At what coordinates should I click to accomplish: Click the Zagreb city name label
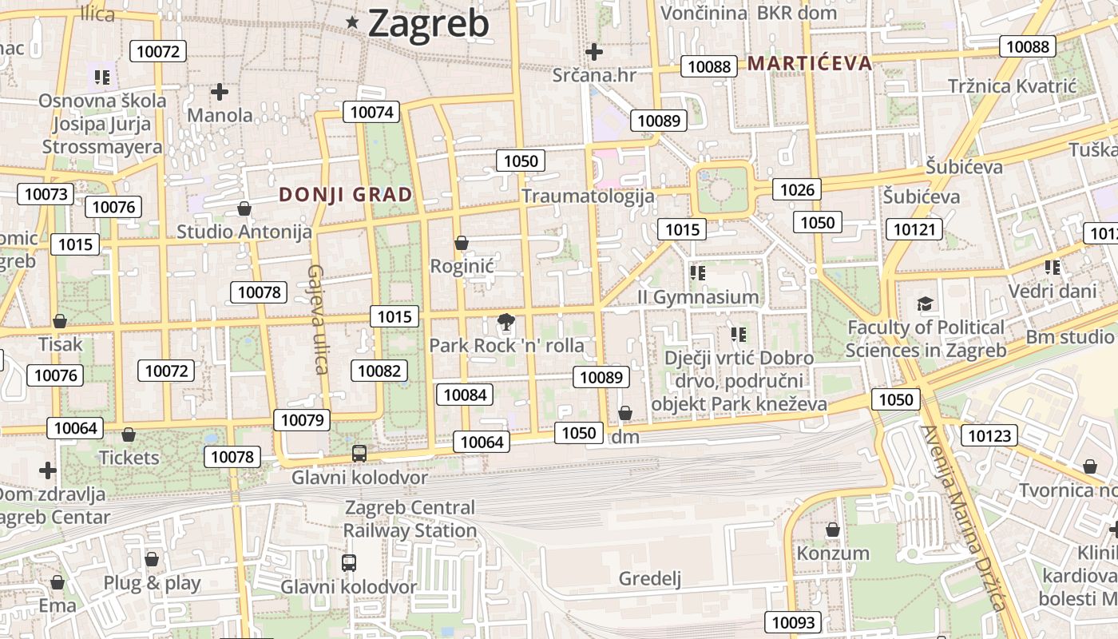(428, 24)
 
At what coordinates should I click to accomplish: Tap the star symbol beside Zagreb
(352, 23)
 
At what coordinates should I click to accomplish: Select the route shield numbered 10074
(371, 112)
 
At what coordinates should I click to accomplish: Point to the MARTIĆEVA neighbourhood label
(809, 64)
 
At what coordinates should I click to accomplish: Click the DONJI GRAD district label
(346, 194)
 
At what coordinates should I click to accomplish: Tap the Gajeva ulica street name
(318, 319)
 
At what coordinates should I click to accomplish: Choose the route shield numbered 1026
(797, 189)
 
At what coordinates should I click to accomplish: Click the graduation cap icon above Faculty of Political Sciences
(925, 304)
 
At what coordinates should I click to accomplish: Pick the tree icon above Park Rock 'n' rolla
(505, 323)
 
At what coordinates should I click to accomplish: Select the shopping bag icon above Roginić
(461, 243)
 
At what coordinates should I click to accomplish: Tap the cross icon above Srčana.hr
(593, 53)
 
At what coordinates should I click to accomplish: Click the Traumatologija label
(588, 196)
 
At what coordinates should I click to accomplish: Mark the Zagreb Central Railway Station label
(410, 519)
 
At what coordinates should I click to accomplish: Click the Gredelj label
(650, 578)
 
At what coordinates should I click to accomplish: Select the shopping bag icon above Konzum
(833, 530)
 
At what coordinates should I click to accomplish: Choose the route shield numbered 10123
(990, 435)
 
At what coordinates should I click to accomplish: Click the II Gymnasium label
(697, 297)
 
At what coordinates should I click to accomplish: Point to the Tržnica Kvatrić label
(1013, 86)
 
